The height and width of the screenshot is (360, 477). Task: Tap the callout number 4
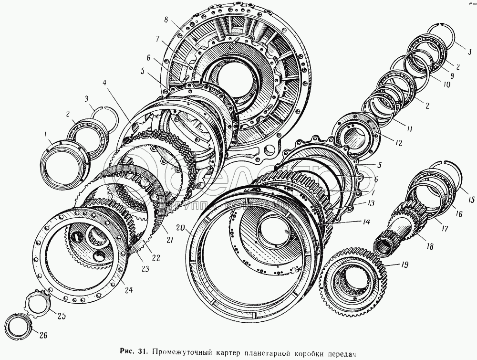tap(104, 82)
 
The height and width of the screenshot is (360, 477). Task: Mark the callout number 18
tap(430, 247)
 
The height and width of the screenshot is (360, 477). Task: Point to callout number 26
tap(43, 336)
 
